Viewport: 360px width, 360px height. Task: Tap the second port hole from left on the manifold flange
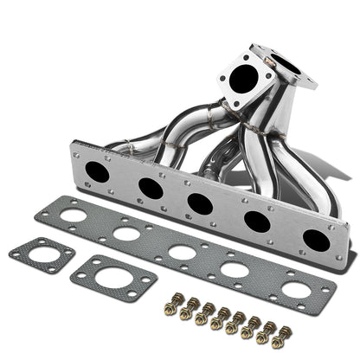tap(151, 187)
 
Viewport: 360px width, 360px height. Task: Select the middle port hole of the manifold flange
tap(201, 203)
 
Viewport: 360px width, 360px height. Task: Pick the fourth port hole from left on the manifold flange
tap(255, 221)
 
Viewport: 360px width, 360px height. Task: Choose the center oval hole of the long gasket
tap(180, 252)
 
